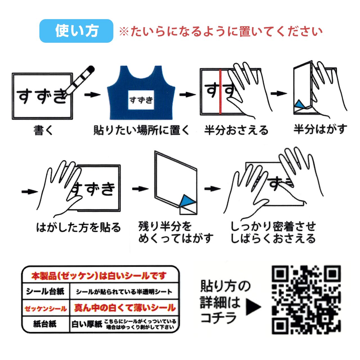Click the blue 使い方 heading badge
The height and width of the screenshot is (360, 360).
pos(76,31)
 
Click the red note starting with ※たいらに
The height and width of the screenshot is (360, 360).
pos(220,31)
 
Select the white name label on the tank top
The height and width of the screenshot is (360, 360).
pos(141,100)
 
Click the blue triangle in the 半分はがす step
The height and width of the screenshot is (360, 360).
pos(300,105)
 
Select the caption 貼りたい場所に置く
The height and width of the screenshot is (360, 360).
pos(141,130)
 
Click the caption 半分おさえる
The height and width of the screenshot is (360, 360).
pos(236,130)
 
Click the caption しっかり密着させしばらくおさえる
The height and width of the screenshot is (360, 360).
pos(273,233)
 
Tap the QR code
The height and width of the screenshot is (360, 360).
pos(306,300)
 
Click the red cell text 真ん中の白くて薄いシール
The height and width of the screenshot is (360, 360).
pos(124,308)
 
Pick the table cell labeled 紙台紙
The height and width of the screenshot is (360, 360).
pos(45,324)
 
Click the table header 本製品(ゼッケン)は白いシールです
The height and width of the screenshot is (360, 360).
pos(99,276)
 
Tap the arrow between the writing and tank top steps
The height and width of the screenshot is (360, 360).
pos(92,94)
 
